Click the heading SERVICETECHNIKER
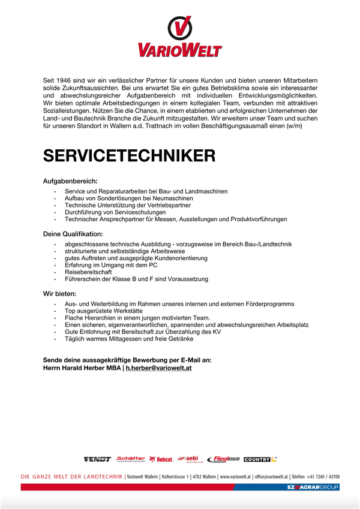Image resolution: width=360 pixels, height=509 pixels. tap(129, 156)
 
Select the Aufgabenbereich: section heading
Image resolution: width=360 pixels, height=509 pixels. tap(70, 180)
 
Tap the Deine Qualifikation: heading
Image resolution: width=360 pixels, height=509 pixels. tap(73, 233)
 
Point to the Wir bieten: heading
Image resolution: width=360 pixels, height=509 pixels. tap(59, 294)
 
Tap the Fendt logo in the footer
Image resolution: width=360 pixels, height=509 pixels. tap(97, 459)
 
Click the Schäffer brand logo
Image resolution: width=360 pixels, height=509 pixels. tap(130, 459)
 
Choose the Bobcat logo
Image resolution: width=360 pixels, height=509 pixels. tap(162, 459)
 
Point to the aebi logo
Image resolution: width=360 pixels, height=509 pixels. tap(191, 459)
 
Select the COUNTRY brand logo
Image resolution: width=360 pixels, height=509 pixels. tap(260, 459)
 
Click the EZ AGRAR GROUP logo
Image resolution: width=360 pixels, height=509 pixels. tap(313, 487)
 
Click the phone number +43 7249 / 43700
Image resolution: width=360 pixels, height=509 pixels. tap(324, 476)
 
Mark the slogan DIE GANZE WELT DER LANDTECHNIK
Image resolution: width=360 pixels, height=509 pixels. tap(71, 476)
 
